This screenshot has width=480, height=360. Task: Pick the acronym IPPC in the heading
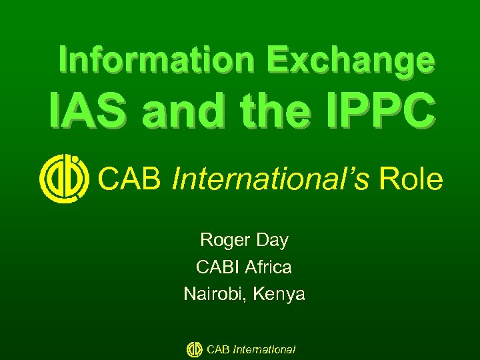[389, 113]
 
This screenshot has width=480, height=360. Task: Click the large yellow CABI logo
[64, 179]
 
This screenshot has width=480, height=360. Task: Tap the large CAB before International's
[131, 179]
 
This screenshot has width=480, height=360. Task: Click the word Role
[411, 179]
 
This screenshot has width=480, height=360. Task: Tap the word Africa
[268, 267]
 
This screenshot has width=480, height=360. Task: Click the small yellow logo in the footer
[195, 349]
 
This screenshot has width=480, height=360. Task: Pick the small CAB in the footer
[219, 349]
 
